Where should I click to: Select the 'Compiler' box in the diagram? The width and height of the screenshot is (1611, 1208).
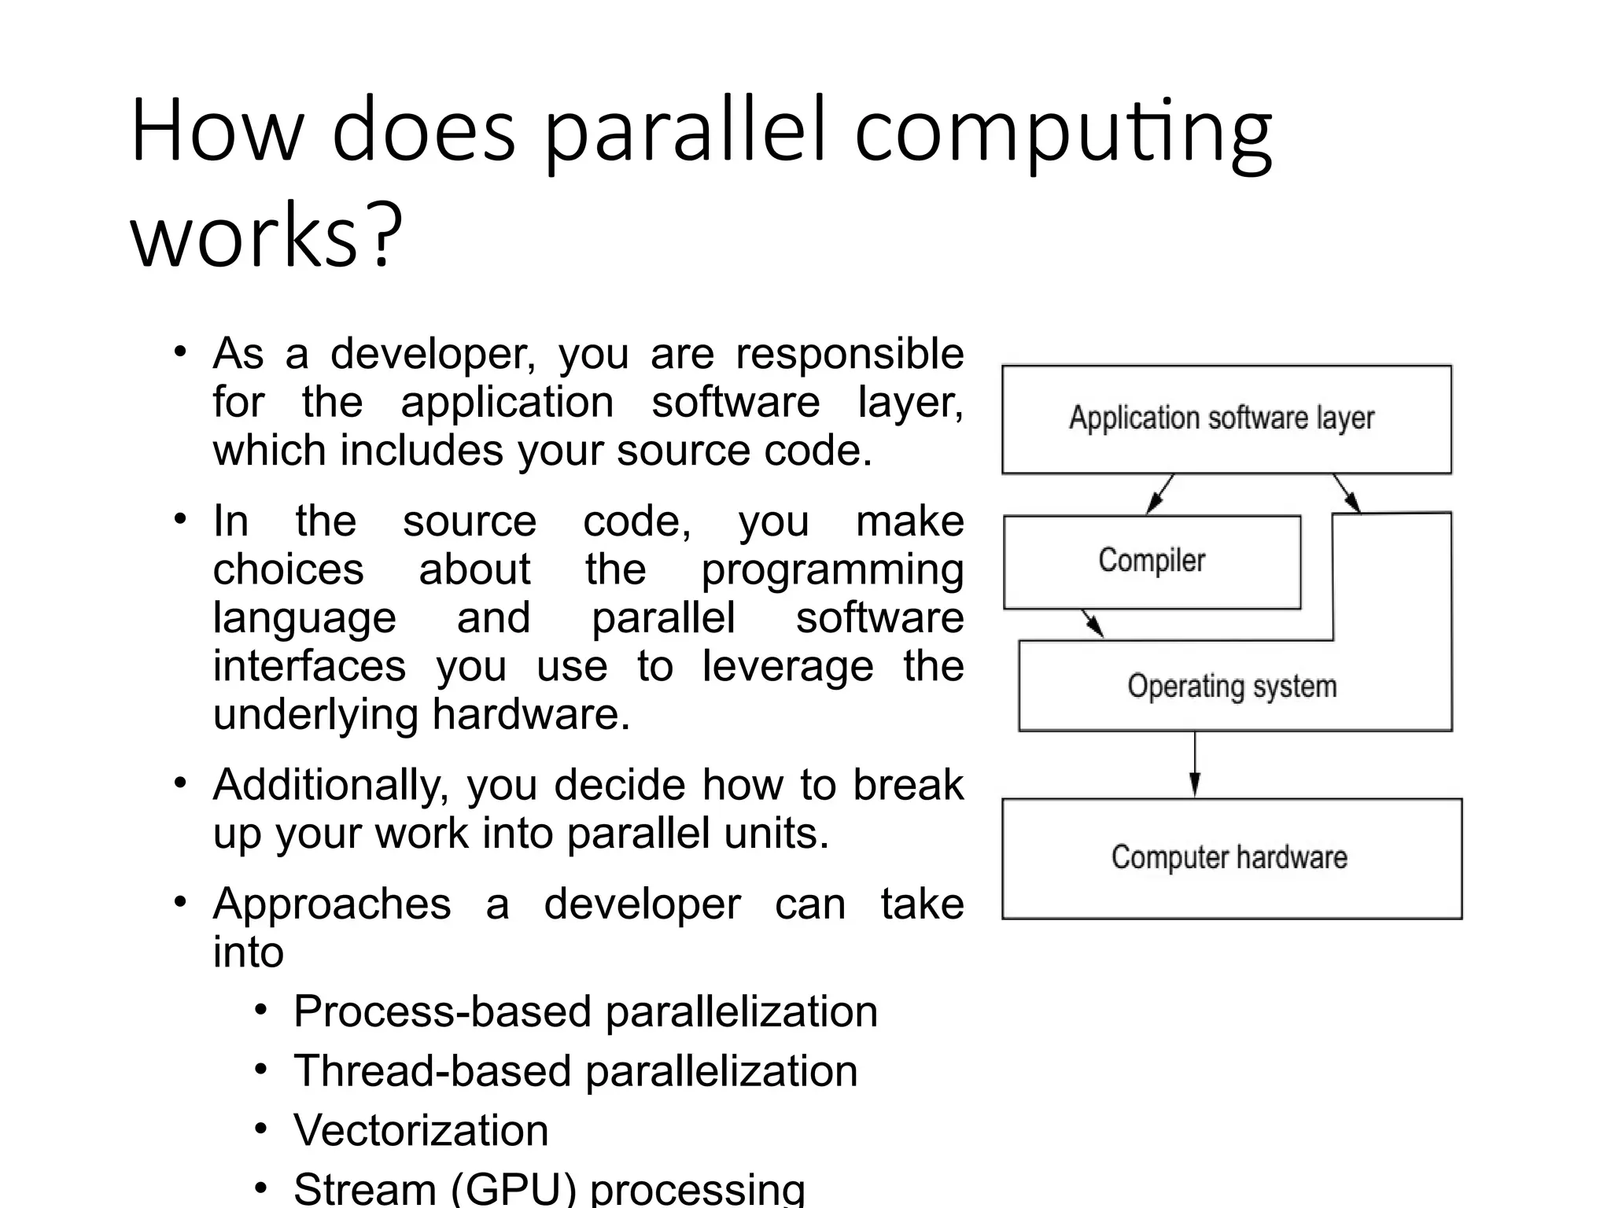click(x=1152, y=562)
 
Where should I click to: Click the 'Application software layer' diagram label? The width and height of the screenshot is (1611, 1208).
click(x=1222, y=418)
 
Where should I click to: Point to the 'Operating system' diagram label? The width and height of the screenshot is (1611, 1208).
click(x=1232, y=687)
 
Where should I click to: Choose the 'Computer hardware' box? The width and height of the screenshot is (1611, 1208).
click(x=1231, y=858)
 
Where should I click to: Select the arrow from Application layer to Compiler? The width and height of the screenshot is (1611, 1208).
click(x=1159, y=494)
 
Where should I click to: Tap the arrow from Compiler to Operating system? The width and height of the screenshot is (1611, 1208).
click(x=1092, y=623)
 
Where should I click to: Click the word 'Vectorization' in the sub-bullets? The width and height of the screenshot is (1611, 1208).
click(x=421, y=1130)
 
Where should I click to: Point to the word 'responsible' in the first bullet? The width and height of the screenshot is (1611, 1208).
click(x=850, y=354)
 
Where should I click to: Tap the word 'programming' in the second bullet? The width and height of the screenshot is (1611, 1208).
click(x=832, y=569)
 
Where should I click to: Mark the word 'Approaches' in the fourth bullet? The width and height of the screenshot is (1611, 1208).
click(x=332, y=904)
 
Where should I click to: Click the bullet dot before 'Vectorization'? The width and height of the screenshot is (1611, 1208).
click(x=262, y=1129)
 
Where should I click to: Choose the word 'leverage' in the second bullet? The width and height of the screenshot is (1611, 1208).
click(x=787, y=666)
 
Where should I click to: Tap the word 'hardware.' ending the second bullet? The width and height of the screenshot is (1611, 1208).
click(x=531, y=715)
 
